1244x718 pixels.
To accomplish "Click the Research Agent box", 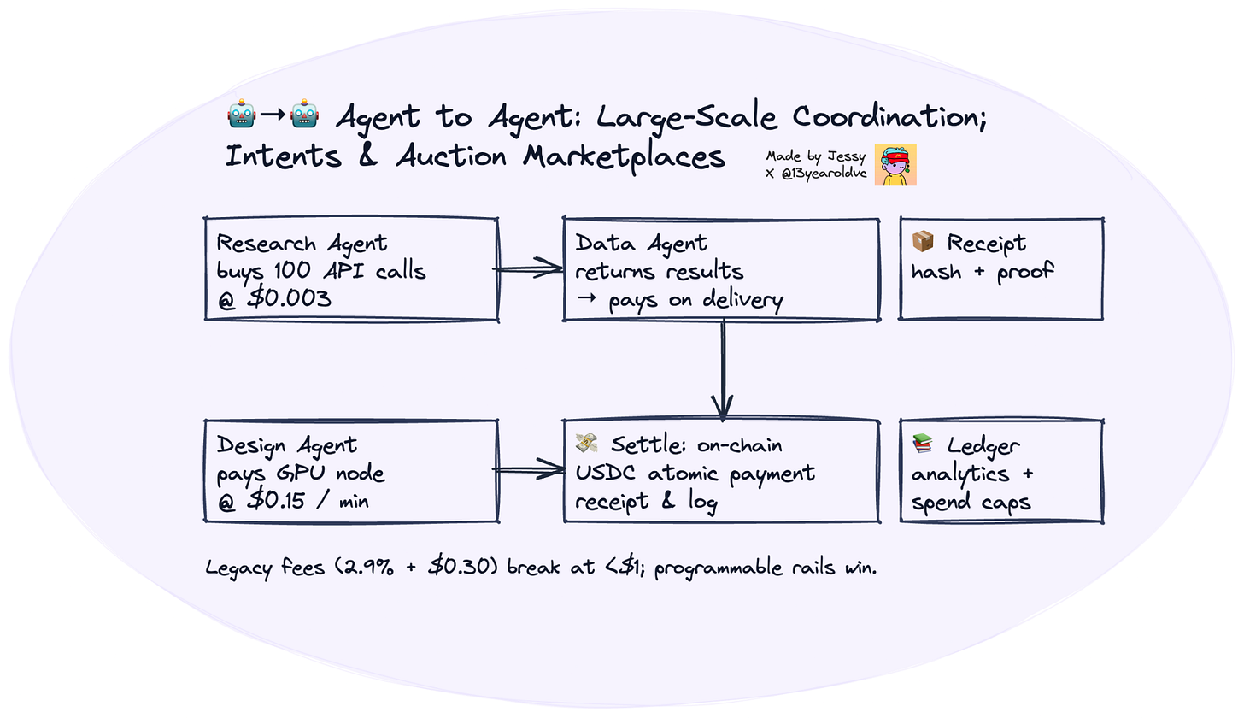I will [x=351, y=269].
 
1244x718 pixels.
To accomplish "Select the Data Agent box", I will [x=720, y=269].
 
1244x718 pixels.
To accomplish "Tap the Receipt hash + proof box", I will [x=1001, y=269].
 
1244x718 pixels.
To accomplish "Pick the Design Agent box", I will [x=351, y=470].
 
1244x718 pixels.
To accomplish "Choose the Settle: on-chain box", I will [x=720, y=470].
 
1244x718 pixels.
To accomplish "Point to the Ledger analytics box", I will [x=1001, y=470].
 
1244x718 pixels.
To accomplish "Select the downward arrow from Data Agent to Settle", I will [x=724, y=368].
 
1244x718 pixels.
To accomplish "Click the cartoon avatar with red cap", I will [x=895, y=165].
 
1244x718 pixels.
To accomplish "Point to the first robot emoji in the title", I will [x=241, y=115].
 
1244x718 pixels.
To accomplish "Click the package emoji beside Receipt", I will [x=923, y=243].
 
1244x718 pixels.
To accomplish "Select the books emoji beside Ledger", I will [x=923, y=444].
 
